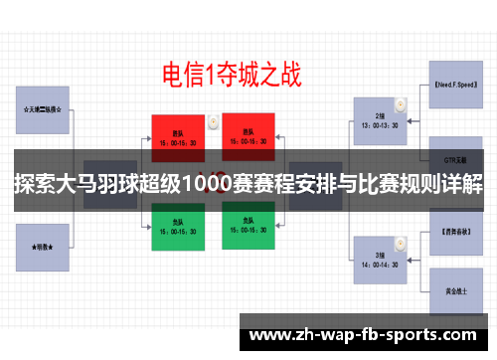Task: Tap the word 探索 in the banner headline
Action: coord(37,187)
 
